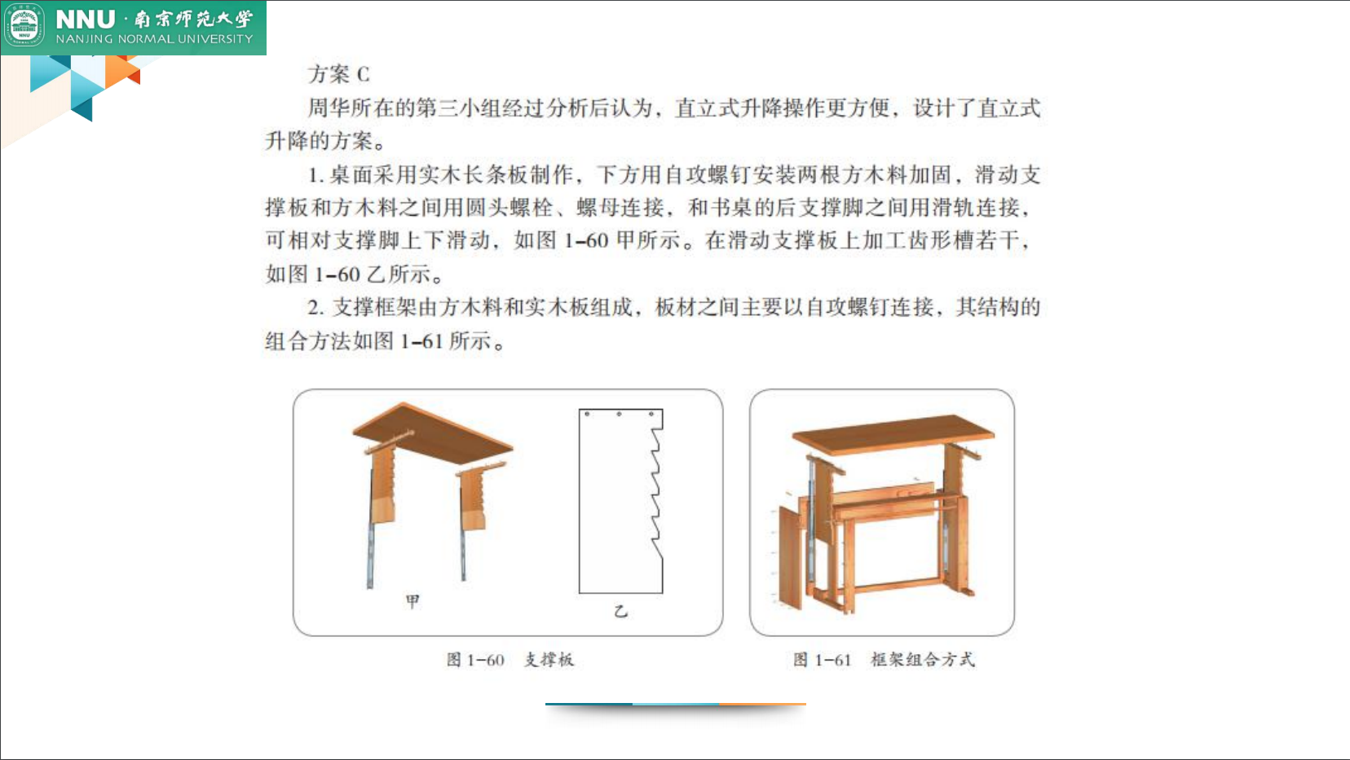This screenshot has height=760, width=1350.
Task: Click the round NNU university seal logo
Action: [x=24, y=26]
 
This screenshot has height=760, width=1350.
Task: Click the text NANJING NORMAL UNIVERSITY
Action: [x=154, y=39]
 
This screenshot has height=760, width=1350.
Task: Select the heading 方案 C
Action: [x=339, y=74]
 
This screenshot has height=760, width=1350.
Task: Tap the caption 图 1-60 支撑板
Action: [x=510, y=659]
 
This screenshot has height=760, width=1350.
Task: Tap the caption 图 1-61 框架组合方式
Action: [x=884, y=659]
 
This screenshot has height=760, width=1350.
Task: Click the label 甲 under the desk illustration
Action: [x=412, y=601]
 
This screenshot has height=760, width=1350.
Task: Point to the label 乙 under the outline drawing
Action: [x=620, y=610]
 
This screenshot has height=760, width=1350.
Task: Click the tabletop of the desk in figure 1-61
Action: [x=893, y=433]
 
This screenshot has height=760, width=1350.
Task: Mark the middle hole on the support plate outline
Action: [x=619, y=415]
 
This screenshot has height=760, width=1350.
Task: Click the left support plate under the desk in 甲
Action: [x=382, y=485]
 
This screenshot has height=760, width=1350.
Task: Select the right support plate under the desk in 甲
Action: [x=473, y=501]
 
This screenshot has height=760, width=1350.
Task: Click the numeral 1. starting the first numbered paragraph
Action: [x=316, y=175]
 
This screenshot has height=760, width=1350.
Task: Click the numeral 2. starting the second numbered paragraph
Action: [x=316, y=308]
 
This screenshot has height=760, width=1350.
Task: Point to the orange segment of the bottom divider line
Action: [x=762, y=704]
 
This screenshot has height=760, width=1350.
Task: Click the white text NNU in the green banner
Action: [x=86, y=19]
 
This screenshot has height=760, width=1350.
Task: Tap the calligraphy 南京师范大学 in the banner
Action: [x=194, y=19]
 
